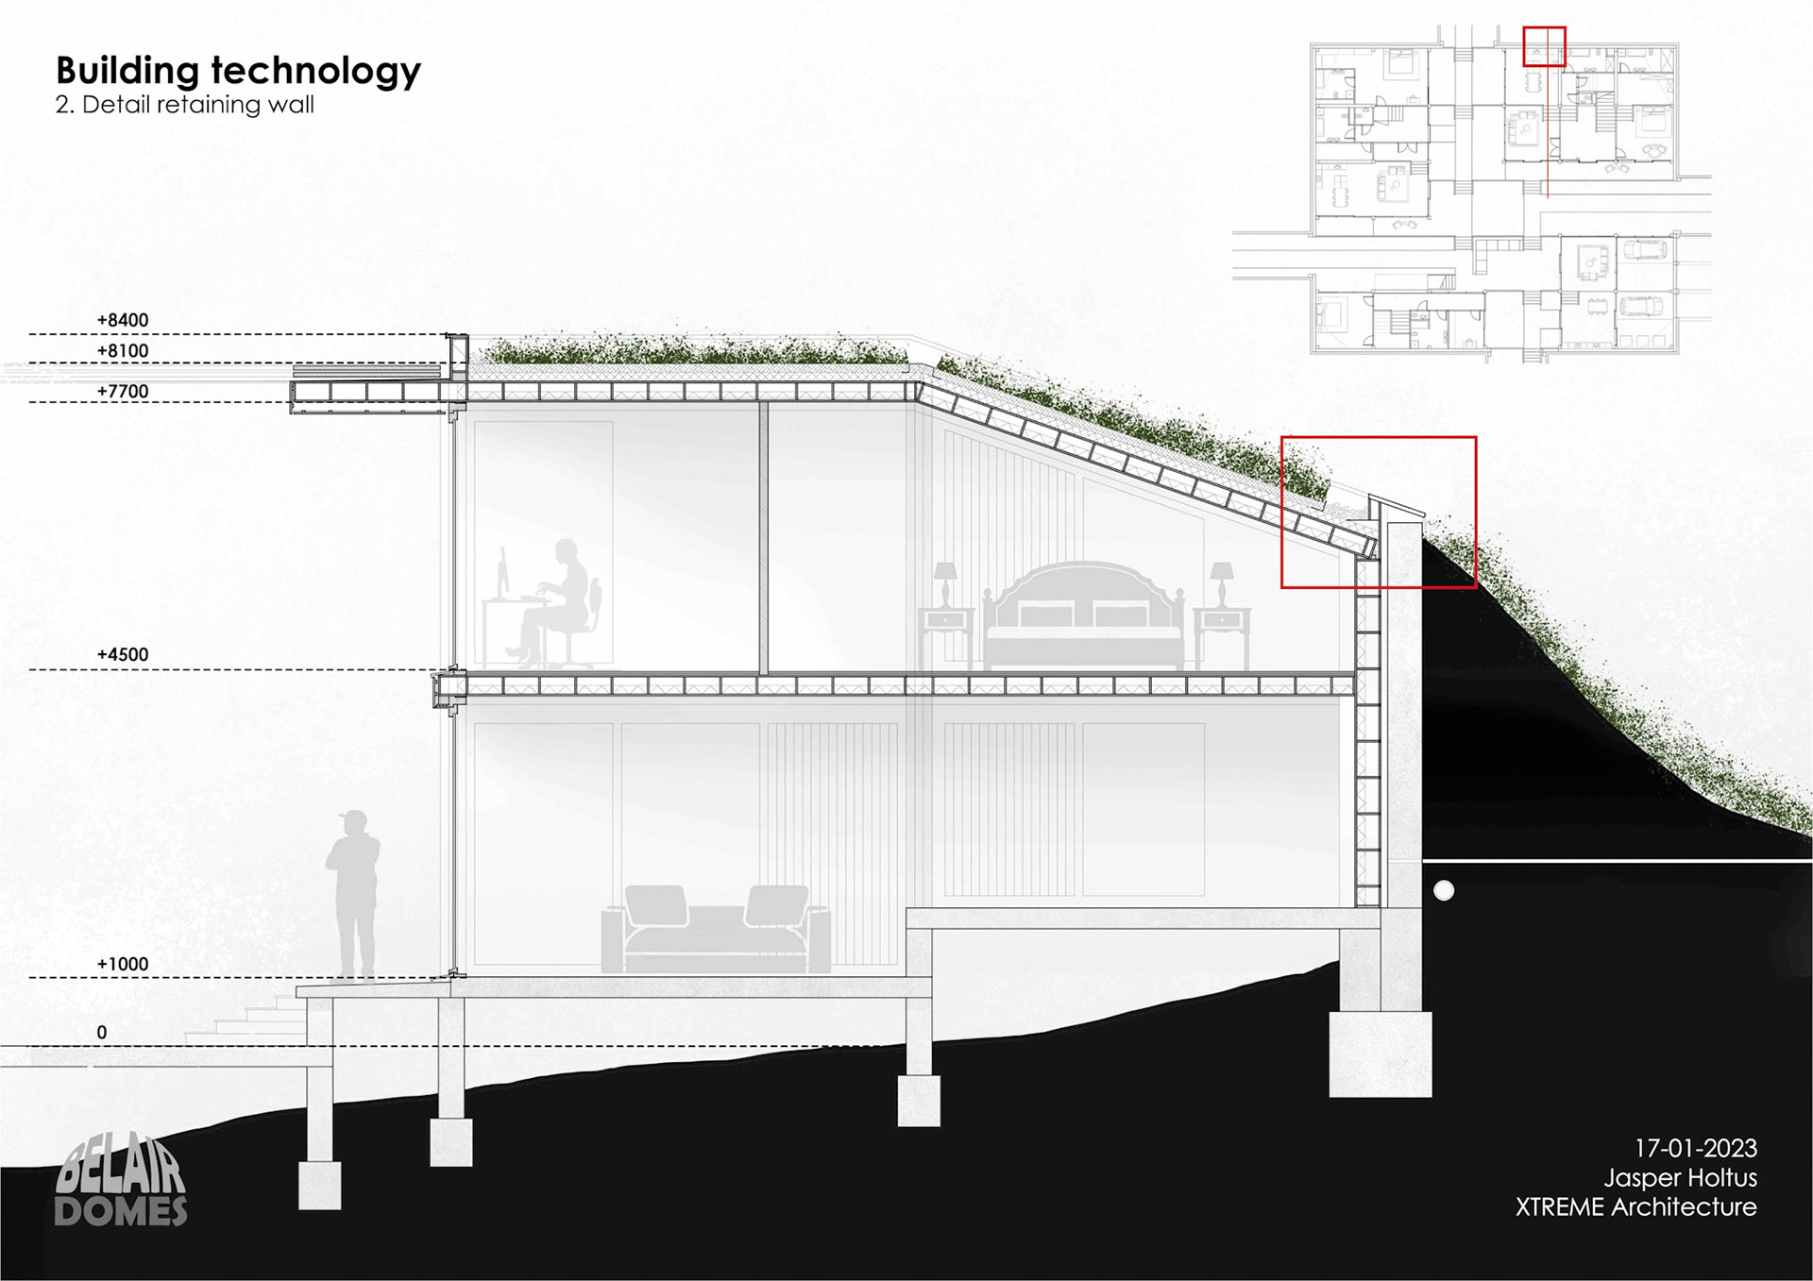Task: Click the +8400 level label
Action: pos(123,320)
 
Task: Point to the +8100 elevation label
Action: pos(123,351)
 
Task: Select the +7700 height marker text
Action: pos(123,392)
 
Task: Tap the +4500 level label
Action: pos(123,654)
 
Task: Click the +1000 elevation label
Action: pos(123,964)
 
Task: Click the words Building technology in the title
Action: pos(238,71)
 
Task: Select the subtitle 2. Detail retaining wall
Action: pos(184,105)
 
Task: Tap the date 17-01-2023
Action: pos(1695,1148)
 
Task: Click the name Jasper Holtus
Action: pos(1680,1177)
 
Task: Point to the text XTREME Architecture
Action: pos(1635,1206)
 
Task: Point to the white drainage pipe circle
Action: pos(1444,890)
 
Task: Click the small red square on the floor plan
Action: pos(1544,46)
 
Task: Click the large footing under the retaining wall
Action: pos(1380,1053)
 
